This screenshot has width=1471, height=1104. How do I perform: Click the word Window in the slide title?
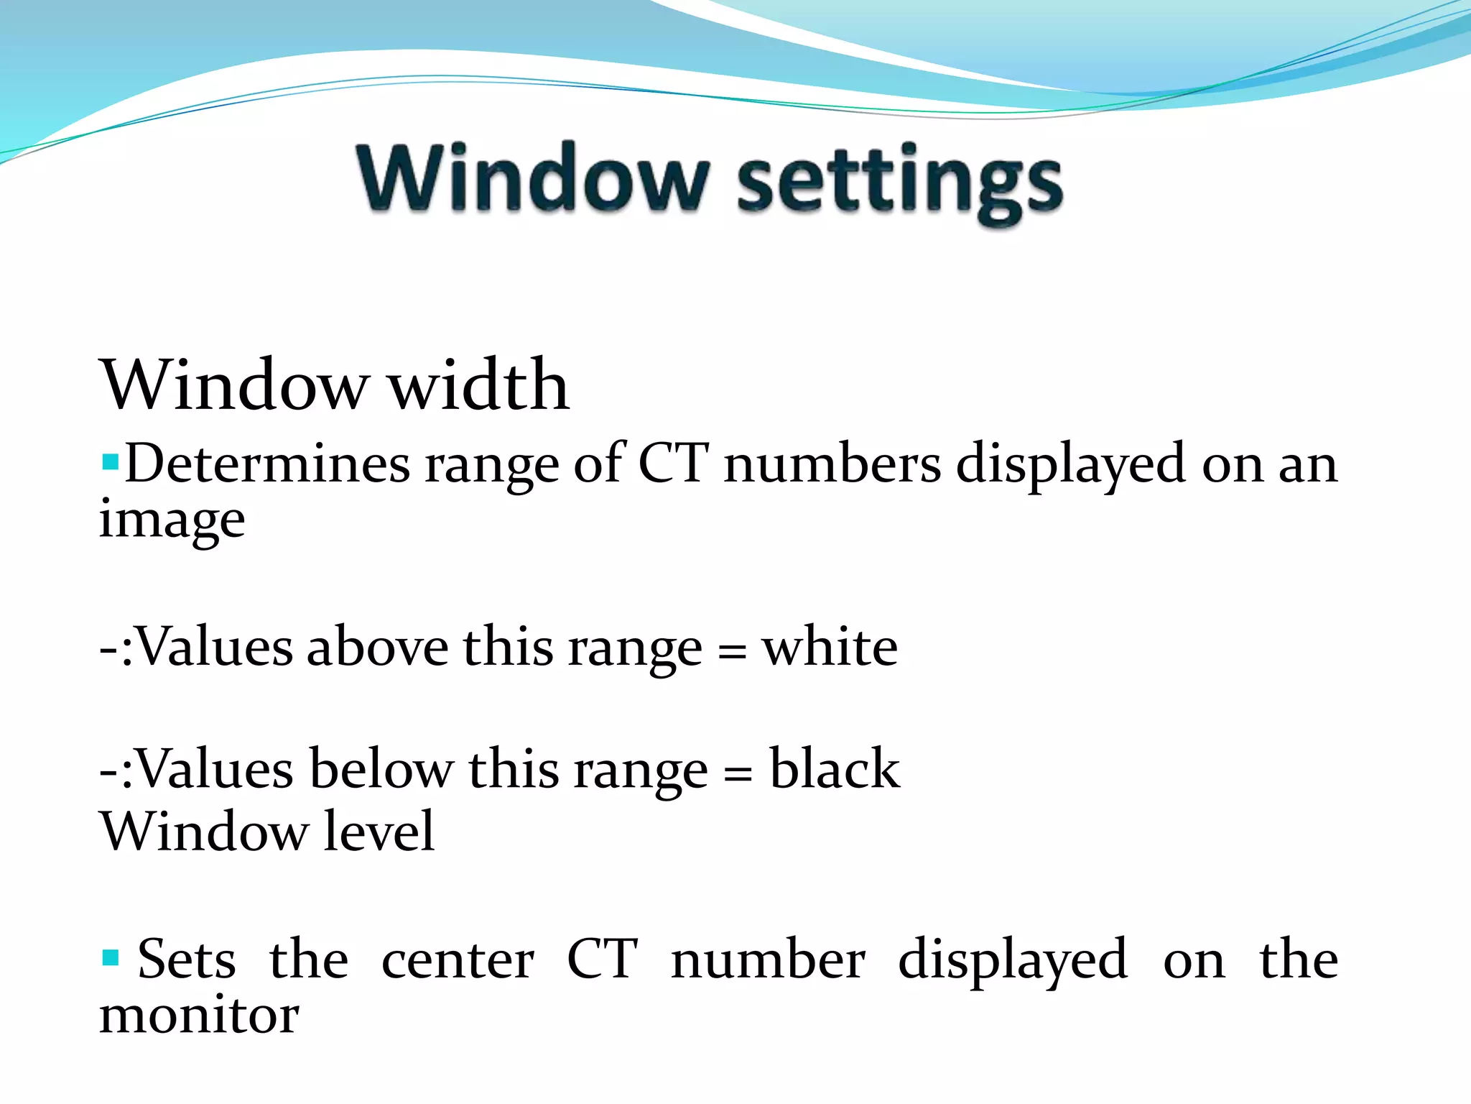click(x=533, y=178)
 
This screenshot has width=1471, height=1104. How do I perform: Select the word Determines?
click(x=267, y=464)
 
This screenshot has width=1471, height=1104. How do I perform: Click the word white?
click(x=830, y=647)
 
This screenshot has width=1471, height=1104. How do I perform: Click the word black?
click(x=834, y=769)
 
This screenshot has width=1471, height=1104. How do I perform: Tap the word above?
click(x=377, y=647)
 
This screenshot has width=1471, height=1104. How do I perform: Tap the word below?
click(x=381, y=769)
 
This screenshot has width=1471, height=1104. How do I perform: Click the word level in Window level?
click(x=379, y=831)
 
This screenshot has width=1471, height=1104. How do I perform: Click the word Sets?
click(x=186, y=960)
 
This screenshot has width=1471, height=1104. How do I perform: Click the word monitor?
click(x=199, y=1016)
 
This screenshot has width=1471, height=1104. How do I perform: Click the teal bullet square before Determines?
click(x=110, y=461)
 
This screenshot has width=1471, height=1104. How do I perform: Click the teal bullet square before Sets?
click(x=110, y=957)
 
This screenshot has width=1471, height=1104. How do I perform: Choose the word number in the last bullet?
click(x=768, y=960)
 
